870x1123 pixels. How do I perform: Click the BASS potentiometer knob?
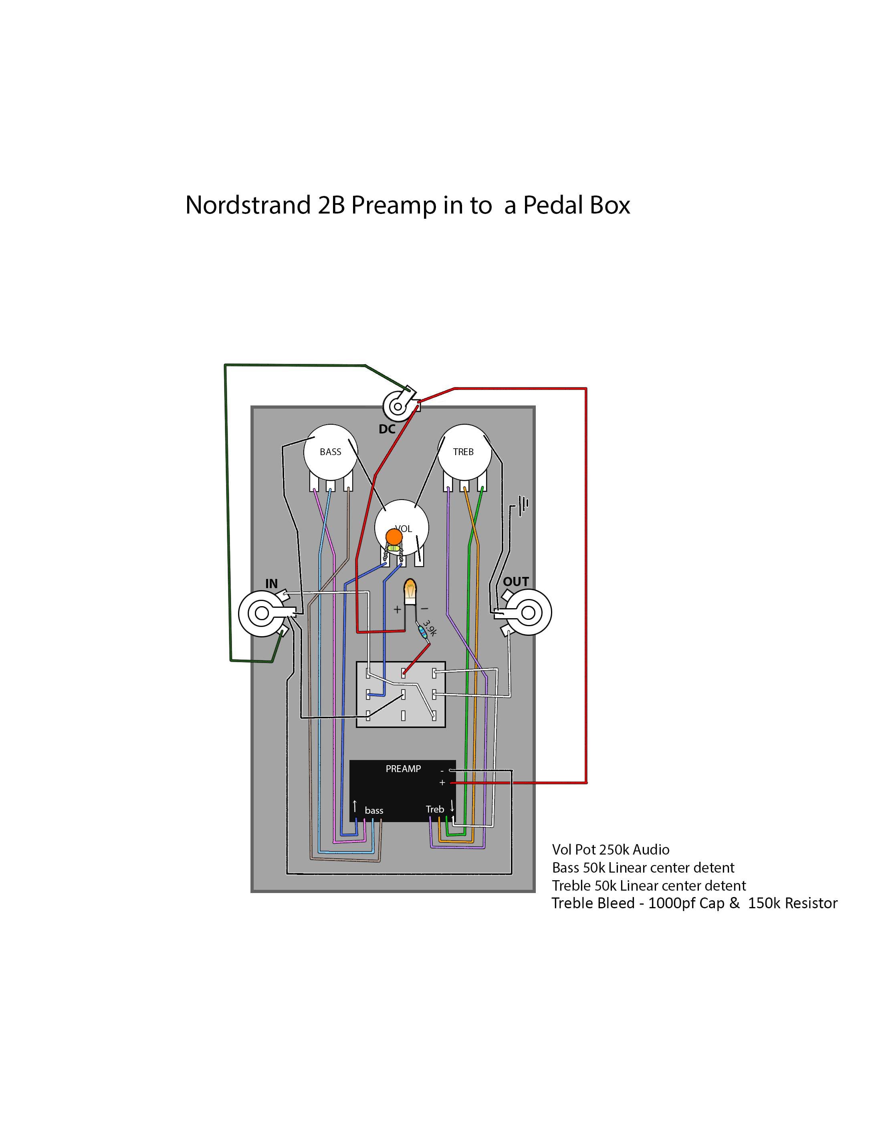[x=331, y=452]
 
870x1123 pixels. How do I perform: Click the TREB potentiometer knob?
[x=464, y=452]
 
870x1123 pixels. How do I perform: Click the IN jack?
[x=262, y=613]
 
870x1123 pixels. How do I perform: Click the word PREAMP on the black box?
[x=403, y=769]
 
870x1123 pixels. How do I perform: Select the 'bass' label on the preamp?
[x=374, y=810]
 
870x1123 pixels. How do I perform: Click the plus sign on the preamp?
[x=442, y=782]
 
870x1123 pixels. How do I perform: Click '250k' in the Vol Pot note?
[x=614, y=850]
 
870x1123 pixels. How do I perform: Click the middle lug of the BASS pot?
[x=330, y=485]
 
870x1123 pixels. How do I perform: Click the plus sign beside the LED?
[x=397, y=610]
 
